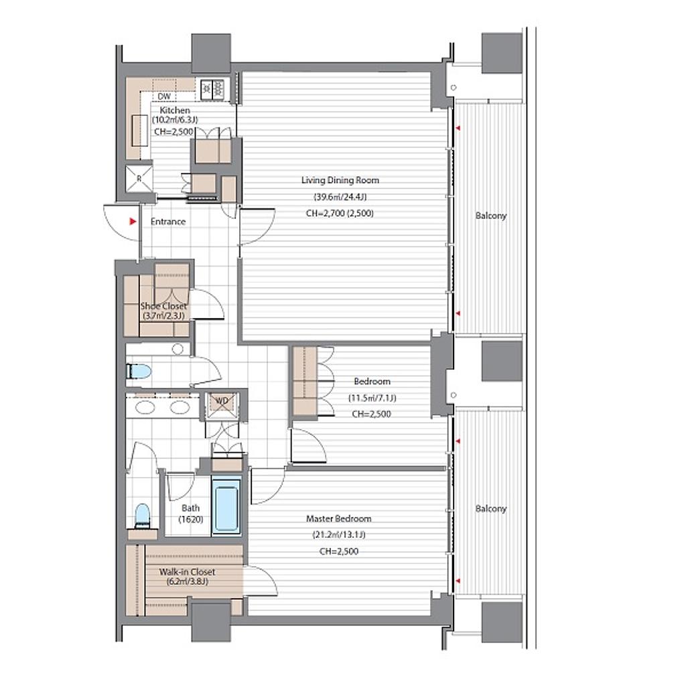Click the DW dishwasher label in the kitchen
164,96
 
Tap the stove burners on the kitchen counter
212,89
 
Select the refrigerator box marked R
139,178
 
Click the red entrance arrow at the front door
133,222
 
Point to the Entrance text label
168,222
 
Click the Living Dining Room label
340,180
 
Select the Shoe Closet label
163,306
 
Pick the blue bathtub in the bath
226,506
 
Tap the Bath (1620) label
191,514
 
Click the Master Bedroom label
338,519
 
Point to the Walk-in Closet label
187,572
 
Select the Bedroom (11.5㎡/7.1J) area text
372,398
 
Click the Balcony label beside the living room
491,216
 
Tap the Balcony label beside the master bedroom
491,509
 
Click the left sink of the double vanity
145,407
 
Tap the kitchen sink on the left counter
139,131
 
